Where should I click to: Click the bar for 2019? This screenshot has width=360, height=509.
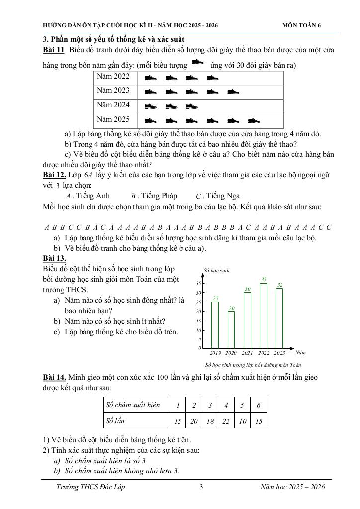pyautogui.click(x=215, y=325)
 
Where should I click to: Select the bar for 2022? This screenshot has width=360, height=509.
pyautogui.click(x=264, y=316)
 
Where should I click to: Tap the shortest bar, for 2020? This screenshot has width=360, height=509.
pyautogui.click(x=231, y=330)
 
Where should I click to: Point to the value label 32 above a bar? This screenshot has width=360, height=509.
pyautogui.click(x=280, y=285)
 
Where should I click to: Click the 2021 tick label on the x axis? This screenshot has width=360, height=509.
pyautogui.click(x=247, y=353)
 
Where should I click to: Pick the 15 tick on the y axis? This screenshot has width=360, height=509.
pyautogui.click(x=198, y=321)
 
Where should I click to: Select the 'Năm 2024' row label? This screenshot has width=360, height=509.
pyautogui.click(x=113, y=105)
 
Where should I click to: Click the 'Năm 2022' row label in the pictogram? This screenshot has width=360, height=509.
pyautogui.click(x=113, y=76)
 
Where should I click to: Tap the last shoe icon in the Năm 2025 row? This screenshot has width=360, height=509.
pyautogui.click(x=254, y=120)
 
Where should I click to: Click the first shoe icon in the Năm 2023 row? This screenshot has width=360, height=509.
pyautogui.click(x=151, y=92)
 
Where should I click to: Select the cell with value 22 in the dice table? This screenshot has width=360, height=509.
pyautogui.click(x=226, y=421)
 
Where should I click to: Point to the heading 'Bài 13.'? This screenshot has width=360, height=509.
pyautogui.click(x=54, y=258)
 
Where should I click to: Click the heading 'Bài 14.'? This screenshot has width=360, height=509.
pyautogui.click(x=54, y=377)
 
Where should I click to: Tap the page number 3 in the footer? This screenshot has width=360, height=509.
pyautogui.click(x=201, y=487)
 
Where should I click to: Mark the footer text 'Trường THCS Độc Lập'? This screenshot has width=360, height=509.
pyautogui.click(x=90, y=487)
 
